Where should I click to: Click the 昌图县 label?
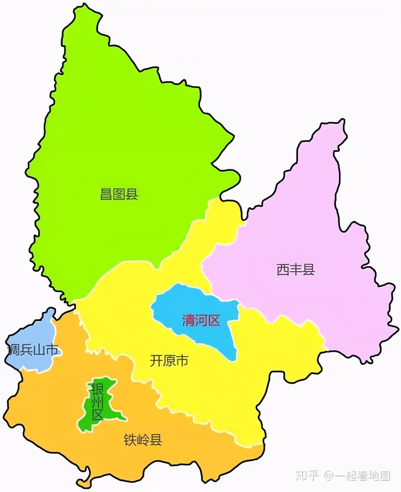click(x=119, y=195)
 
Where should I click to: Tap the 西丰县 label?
click(x=296, y=270)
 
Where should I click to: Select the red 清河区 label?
click(x=201, y=321)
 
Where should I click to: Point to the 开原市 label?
click(x=169, y=361)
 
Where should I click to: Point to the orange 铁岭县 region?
click(x=60, y=433)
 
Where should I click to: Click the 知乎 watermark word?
click(x=307, y=476)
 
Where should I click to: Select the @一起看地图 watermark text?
click(x=357, y=476)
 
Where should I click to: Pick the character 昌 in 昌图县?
click(x=106, y=195)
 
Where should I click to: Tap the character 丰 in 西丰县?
click(x=296, y=270)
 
